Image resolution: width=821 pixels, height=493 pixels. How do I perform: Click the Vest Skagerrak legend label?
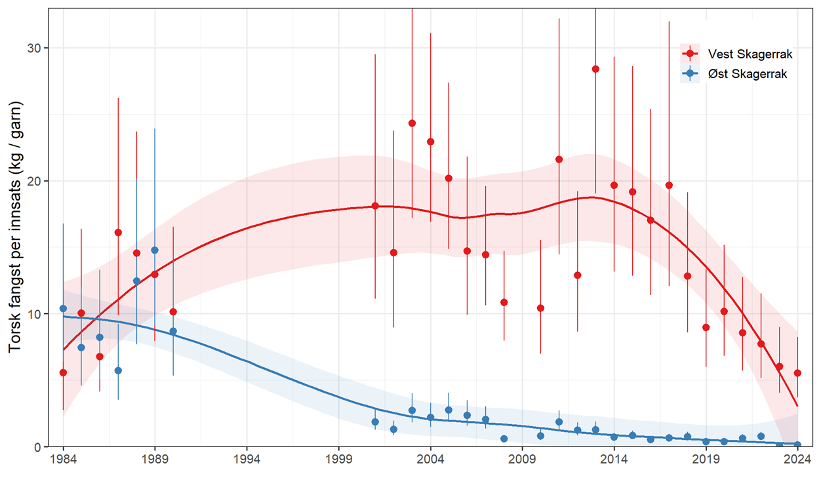tap(746, 54)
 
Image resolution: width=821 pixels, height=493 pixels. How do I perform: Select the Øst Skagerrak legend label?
tap(743, 74)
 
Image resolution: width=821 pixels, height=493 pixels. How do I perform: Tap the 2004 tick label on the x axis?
tap(430, 460)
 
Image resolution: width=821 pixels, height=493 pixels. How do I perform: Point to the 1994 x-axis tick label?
tap(247, 460)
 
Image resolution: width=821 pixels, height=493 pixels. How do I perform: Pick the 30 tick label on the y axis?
tap(34, 49)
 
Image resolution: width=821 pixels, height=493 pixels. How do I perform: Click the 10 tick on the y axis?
tap(34, 314)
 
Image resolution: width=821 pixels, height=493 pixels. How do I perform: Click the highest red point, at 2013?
tap(595, 69)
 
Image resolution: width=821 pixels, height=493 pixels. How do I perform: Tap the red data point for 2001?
tap(375, 206)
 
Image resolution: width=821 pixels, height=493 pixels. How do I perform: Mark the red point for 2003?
tap(412, 123)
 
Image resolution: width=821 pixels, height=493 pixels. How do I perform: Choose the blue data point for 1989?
tap(155, 250)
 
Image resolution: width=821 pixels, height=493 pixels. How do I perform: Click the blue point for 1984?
tap(63, 308)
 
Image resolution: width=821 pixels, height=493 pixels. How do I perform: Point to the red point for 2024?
tap(797, 373)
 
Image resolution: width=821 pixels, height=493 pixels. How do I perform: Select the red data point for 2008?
tap(504, 302)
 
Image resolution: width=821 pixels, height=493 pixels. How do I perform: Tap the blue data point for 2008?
tap(504, 439)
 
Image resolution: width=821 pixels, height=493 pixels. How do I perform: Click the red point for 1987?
tap(118, 232)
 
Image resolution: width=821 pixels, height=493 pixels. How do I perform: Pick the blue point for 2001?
tap(375, 422)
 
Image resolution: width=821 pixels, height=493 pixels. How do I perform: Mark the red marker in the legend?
tap(690, 54)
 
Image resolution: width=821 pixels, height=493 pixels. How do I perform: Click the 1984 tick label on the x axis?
tap(63, 460)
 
